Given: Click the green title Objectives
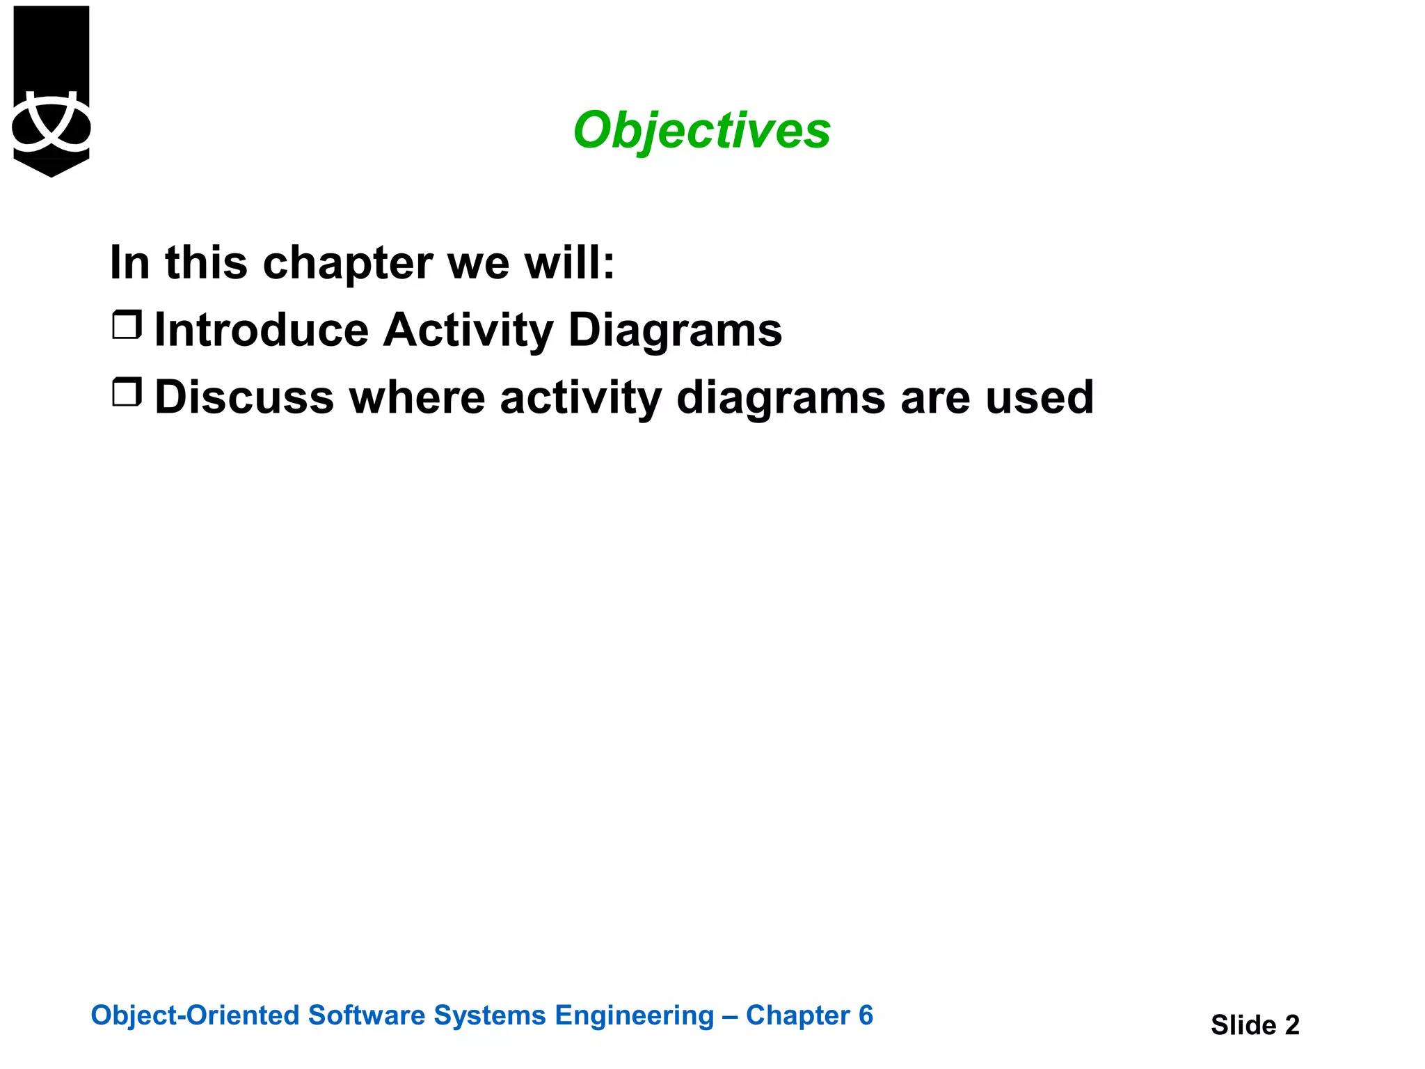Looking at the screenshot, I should (701, 130).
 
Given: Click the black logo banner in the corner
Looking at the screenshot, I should (51, 90).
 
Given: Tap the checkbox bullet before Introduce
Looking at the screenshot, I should (127, 325).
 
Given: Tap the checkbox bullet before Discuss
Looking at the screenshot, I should (127, 393).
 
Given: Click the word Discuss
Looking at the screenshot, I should (244, 397).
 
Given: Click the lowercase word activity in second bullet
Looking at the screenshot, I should (580, 397).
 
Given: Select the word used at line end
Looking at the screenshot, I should (1040, 397).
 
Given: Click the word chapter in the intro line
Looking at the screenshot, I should (348, 263).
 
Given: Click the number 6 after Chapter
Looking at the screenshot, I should (866, 1015).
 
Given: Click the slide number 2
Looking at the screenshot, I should (1291, 1025).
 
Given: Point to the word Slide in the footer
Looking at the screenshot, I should (1243, 1025).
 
